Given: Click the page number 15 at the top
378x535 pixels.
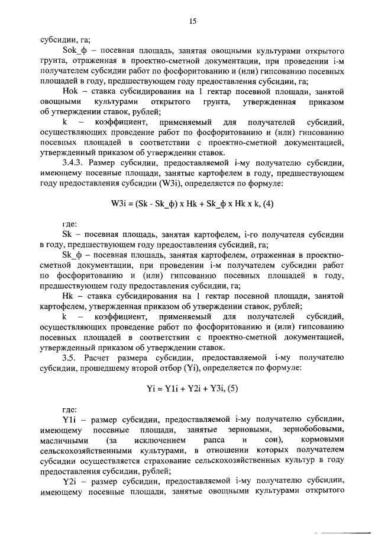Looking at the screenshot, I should pos(192,21).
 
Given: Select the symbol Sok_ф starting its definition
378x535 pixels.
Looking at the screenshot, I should pos(75,51).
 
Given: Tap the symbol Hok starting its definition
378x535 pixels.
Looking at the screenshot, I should pos(70,91).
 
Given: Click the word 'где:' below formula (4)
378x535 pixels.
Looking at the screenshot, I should pos(69,225).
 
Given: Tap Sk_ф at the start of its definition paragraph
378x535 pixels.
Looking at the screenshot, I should pos(73,255).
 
